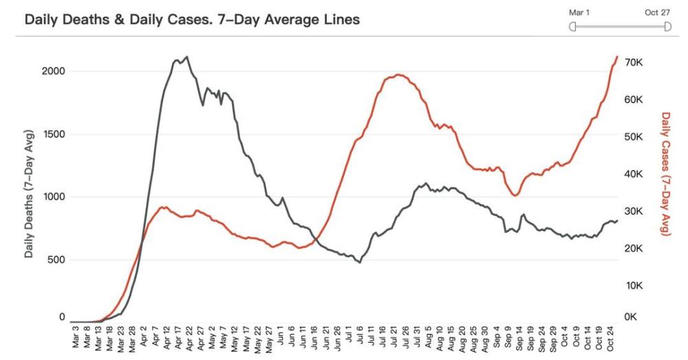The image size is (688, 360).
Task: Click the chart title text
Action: [x=192, y=20]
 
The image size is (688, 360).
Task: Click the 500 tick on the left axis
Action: [x=56, y=260]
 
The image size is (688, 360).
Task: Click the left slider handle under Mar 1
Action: [x=572, y=27]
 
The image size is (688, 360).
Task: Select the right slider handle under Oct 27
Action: [x=667, y=27]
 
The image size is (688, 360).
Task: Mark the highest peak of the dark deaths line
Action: [x=187, y=56]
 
